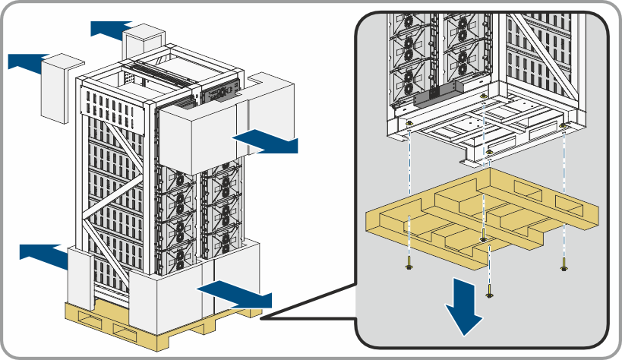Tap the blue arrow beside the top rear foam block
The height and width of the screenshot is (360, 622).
(111, 29)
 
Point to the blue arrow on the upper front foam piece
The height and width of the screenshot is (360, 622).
(266, 141)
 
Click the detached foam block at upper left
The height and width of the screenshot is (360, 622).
(61, 88)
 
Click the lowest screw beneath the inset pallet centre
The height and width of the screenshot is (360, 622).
(488, 292)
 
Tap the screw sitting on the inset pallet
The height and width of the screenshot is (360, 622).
(484, 239)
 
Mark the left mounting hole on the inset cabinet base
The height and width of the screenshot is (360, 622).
(409, 123)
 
